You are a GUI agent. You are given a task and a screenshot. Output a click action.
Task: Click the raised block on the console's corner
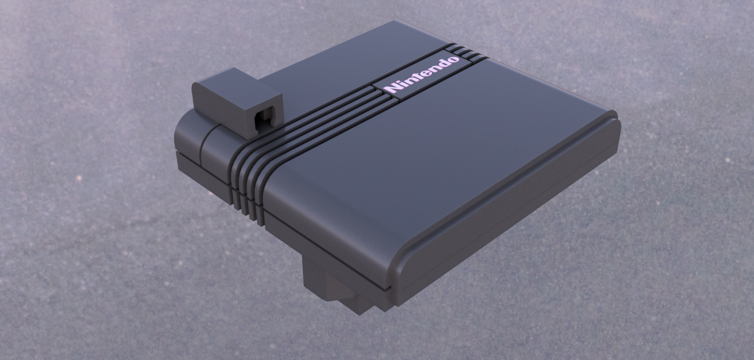coord(237,103)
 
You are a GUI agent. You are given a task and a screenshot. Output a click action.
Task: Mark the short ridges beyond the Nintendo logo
coord(469,53)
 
